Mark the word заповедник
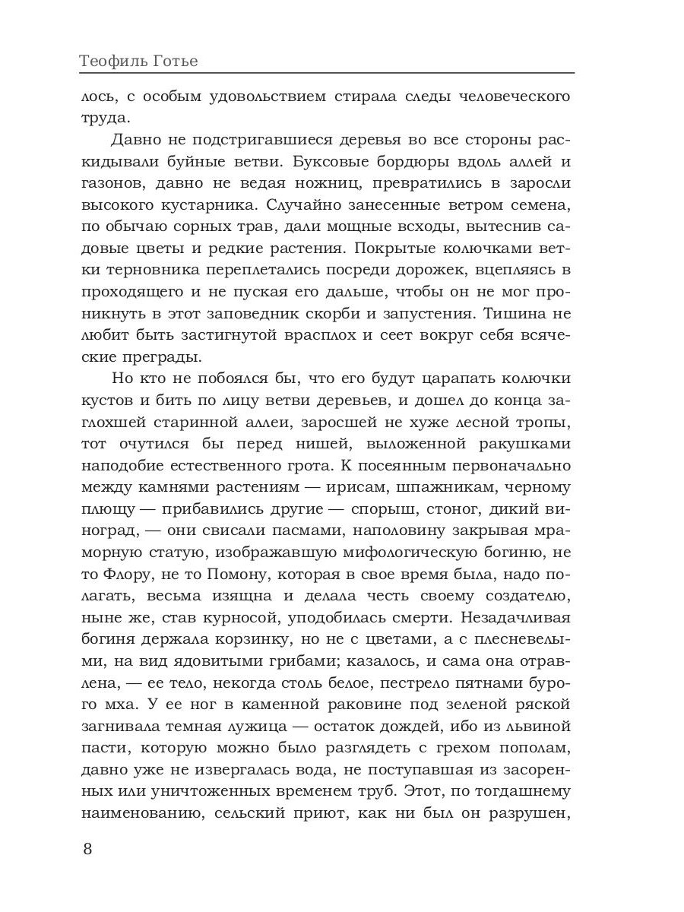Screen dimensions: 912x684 [274, 312]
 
